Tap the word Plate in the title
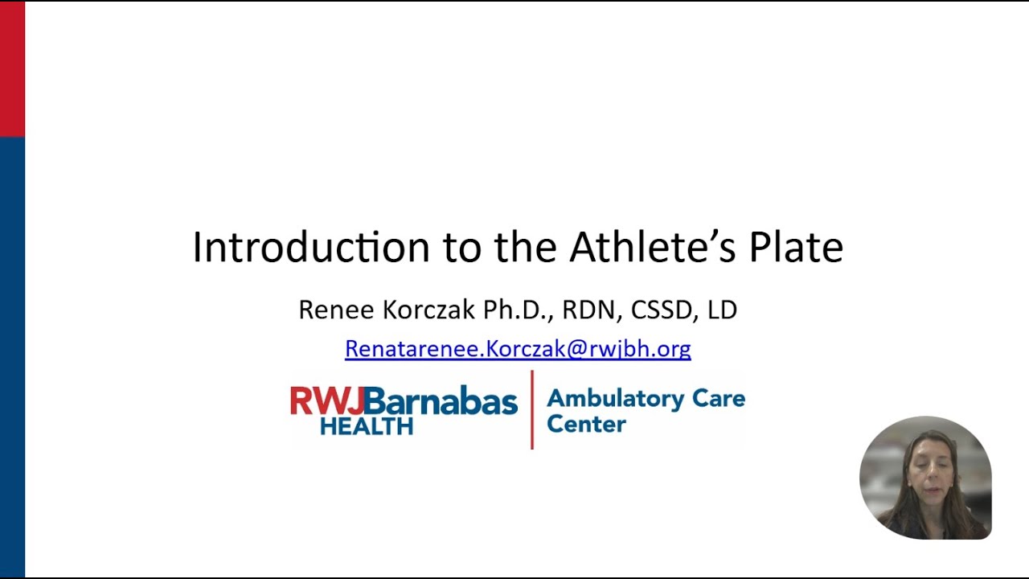tap(796, 247)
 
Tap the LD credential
tap(722, 310)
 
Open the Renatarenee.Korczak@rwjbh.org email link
tap(518, 348)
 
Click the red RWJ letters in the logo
tap(326, 400)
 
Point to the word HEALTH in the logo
tap(366, 425)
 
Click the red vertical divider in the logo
tap(532, 409)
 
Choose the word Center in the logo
tap(586, 424)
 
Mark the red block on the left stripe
tap(12, 68)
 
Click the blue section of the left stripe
tap(12, 354)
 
